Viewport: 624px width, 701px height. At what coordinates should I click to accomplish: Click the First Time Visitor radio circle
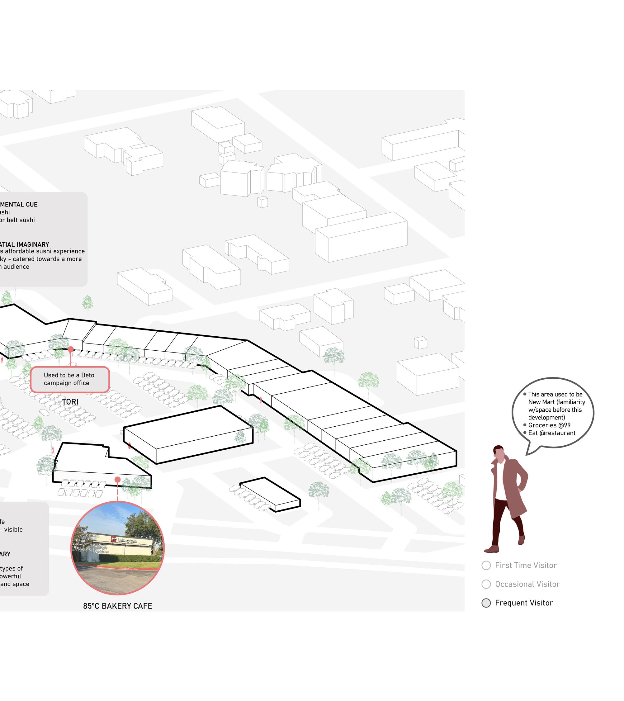pos(486,565)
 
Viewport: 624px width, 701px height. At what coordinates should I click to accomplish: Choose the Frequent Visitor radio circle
pos(486,603)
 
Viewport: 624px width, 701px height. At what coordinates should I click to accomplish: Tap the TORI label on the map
pos(70,402)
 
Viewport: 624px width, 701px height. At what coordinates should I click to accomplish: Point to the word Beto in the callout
pos(88,375)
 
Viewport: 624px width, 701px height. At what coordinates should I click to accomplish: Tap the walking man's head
pos(499,453)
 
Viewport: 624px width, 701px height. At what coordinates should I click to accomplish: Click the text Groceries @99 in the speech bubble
pos(549,425)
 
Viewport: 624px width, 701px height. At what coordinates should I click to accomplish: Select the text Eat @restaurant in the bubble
pos(552,433)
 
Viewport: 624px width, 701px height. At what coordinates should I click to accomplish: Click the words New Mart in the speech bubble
pos(541,402)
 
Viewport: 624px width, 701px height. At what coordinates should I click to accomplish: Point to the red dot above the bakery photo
pos(118,480)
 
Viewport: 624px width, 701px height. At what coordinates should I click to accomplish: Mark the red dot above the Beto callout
pos(71,349)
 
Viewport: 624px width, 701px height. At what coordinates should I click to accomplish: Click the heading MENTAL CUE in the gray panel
pos(19,204)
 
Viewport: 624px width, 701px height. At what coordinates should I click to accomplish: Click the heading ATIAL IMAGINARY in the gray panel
pos(25,244)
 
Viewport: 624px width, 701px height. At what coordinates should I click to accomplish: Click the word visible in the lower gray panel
pos(13,529)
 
